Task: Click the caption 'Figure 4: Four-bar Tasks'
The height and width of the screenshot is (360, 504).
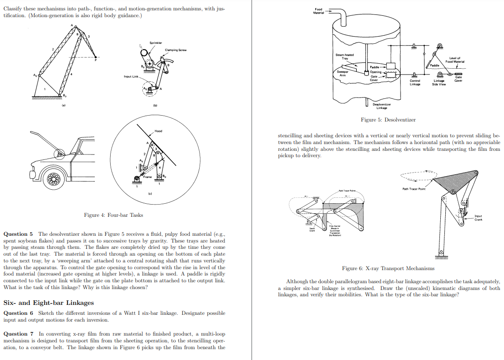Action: (113, 215)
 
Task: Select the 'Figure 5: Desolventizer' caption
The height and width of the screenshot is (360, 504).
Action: (388, 120)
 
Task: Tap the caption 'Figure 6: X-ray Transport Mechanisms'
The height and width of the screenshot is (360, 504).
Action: (388, 268)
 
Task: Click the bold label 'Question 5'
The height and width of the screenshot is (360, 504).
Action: (18, 234)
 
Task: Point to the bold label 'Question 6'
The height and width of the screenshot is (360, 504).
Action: (18, 313)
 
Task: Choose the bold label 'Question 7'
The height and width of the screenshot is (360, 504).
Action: (18, 334)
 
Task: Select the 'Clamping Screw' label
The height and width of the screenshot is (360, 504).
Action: (176, 50)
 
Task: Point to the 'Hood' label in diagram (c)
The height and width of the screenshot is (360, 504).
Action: (158, 131)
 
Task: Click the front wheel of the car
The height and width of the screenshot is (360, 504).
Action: (53, 178)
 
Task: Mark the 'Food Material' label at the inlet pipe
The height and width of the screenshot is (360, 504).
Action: (319, 10)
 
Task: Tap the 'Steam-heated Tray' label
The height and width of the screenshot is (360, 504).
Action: (345, 56)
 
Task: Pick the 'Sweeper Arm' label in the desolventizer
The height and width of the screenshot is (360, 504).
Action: (343, 73)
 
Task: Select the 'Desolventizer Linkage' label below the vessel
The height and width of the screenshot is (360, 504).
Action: (382, 106)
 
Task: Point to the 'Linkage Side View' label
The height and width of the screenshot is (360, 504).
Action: (439, 83)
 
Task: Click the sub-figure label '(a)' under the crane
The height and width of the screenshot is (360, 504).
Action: (63, 106)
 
